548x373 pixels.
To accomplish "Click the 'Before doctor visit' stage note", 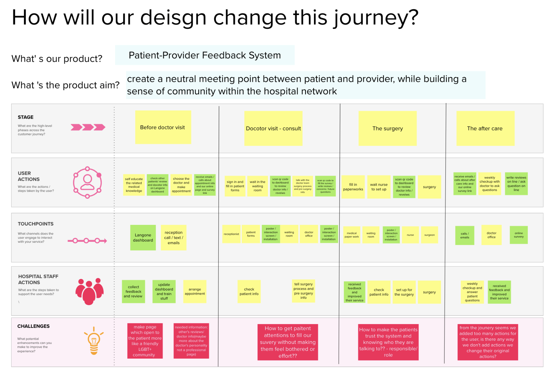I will click(163, 127).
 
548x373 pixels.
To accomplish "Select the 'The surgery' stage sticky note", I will click(388, 128).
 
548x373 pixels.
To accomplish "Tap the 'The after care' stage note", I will click(485, 128).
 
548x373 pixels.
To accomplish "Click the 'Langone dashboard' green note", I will click(143, 238).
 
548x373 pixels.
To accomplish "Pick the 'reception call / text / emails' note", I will click(174, 238).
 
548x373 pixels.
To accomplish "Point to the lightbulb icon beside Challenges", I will click(94, 341).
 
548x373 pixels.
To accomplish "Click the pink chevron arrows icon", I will click(88, 127).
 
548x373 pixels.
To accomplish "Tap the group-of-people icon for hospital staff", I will click(90, 291).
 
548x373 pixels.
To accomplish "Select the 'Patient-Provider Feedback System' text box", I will click(205, 55).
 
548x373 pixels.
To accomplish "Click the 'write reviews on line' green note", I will click(516, 184).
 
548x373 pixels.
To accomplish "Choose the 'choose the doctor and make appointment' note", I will click(181, 185).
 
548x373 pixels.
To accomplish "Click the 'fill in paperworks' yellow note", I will click(353, 187).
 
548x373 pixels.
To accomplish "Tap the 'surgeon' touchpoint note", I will click(429, 235).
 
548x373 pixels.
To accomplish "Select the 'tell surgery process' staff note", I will click(303, 291).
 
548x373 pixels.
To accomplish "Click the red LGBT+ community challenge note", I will click(145, 341).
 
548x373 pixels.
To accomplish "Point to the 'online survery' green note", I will click(519, 235).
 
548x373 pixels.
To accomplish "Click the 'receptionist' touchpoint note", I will click(231, 234).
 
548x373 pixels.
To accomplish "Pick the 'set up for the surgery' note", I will click(404, 292).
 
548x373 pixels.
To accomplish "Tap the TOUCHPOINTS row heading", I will click(36, 224).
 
